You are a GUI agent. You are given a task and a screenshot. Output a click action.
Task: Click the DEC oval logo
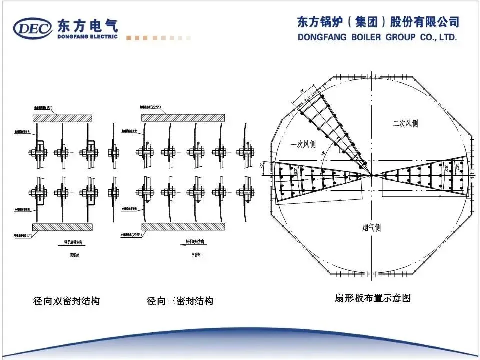click(x=33, y=29)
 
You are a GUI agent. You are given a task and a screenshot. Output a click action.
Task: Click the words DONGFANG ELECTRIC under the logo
click(x=87, y=36)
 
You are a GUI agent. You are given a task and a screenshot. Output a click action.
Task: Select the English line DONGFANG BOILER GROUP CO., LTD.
click(x=377, y=37)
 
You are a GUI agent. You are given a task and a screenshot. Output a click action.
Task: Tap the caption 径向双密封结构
click(x=66, y=301)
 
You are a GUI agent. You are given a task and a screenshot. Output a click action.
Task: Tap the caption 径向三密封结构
click(x=180, y=301)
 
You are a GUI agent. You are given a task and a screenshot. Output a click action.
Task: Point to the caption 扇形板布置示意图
click(x=372, y=298)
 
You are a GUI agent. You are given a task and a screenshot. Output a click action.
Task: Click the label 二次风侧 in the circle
click(x=405, y=123)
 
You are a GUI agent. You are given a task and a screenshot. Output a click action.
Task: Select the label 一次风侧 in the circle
click(x=303, y=144)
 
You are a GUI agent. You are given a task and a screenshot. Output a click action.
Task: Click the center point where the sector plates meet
click(x=372, y=175)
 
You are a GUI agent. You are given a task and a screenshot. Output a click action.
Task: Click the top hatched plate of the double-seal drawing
click(x=62, y=118)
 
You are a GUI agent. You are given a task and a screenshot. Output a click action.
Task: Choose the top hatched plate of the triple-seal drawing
click(x=183, y=117)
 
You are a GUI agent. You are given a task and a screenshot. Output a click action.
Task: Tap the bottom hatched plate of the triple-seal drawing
click(x=183, y=226)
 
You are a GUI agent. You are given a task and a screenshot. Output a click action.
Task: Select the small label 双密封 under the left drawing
click(x=74, y=255)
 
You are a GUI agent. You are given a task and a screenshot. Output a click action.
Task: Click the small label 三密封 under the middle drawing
click(x=196, y=255)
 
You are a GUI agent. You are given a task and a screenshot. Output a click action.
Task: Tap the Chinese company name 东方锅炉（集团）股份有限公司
click(x=378, y=22)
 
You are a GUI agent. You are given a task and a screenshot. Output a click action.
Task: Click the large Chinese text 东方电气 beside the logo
click(x=88, y=25)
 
